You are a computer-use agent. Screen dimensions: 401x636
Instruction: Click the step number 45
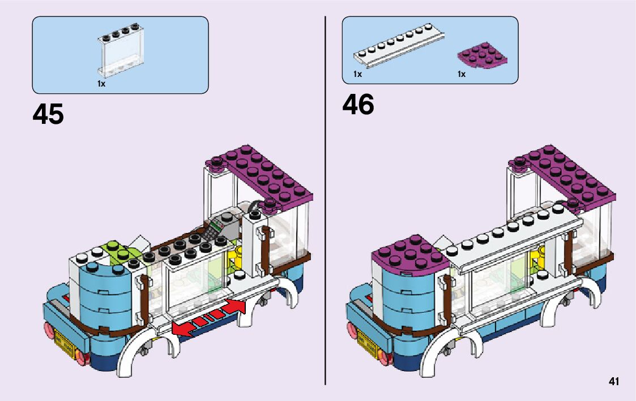point(48,115)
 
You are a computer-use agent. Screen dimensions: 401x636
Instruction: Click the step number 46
point(358,105)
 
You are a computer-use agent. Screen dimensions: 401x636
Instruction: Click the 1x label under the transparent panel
point(101,84)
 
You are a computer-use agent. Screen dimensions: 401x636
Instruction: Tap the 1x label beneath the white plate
point(357,74)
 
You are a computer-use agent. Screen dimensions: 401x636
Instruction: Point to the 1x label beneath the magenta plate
point(462,74)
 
